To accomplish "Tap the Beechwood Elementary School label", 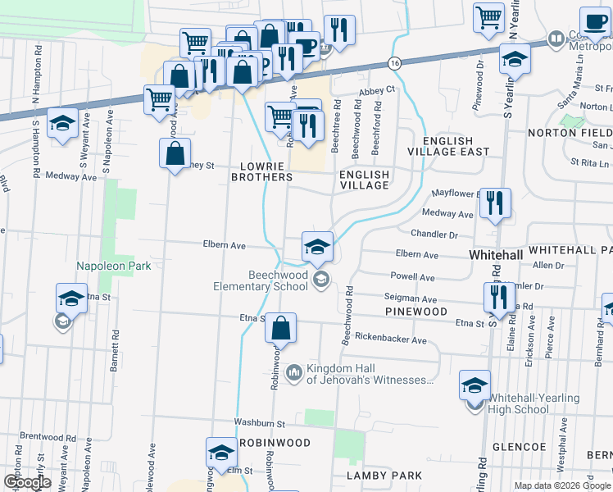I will pos(260,281).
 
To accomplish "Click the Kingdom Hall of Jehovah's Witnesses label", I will pos(367,374).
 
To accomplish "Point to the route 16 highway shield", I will pos(395,63).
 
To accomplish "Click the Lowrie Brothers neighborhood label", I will pos(261,171).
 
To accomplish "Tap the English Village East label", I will pos(455,146).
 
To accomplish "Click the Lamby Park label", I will pos(384,476).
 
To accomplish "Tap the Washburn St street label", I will pos(258,424).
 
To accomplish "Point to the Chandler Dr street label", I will pos(434,235).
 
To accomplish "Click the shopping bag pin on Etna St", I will pos(280,329).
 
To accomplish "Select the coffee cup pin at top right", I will pos(594,21).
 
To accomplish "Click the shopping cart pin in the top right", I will pos(489,16).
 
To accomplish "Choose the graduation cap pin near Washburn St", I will pos(220,453).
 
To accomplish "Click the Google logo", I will pos(26,482).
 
